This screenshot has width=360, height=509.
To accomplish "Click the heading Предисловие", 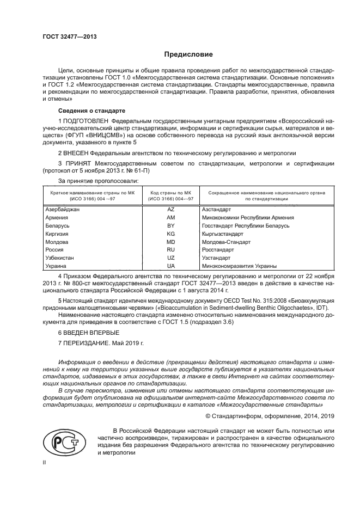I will point(185,54).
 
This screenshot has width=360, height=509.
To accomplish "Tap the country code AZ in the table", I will point(170,209).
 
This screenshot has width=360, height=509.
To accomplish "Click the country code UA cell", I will point(170,266).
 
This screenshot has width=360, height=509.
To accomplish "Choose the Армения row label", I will point(57,217).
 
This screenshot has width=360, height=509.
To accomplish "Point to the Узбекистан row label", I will point(60,258).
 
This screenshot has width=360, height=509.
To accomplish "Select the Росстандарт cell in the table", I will point(216,250).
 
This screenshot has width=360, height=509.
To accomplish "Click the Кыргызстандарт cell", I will point(222,234).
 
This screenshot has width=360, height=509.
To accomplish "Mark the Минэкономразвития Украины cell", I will point(239,266).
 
